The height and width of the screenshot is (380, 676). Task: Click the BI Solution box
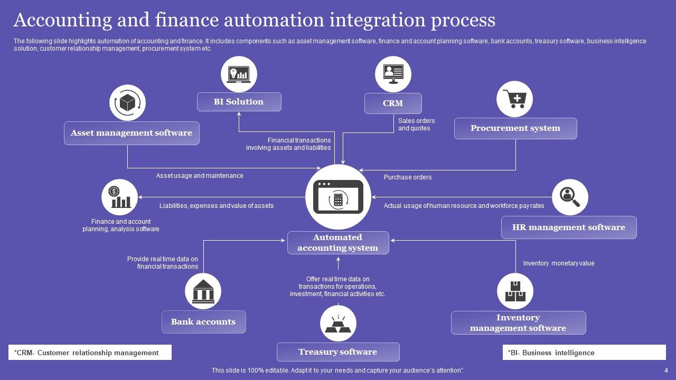click(239, 102)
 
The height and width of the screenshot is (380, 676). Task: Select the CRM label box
click(393, 103)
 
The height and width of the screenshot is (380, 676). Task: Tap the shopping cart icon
click(514, 99)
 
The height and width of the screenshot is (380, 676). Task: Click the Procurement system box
click(515, 128)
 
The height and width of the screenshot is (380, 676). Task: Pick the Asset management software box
click(132, 133)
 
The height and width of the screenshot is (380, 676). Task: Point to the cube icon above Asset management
click(127, 102)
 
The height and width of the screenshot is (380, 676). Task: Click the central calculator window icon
click(339, 197)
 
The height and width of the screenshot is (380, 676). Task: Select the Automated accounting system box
click(338, 243)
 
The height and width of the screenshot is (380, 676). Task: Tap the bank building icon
click(203, 291)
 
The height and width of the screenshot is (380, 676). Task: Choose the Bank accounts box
click(203, 322)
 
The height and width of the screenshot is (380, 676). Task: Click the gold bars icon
click(338, 323)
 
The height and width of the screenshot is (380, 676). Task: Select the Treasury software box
click(338, 352)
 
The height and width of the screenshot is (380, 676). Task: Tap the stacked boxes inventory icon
click(515, 291)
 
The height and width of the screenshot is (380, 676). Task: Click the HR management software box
click(569, 227)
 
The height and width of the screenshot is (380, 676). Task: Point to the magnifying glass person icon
click(570, 197)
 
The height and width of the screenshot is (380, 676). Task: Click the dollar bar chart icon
click(119, 197)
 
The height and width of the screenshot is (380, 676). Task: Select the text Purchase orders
click(408, 177)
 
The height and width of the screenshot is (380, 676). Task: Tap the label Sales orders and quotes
click(417, 125)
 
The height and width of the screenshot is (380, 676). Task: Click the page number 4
click(666, 370)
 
